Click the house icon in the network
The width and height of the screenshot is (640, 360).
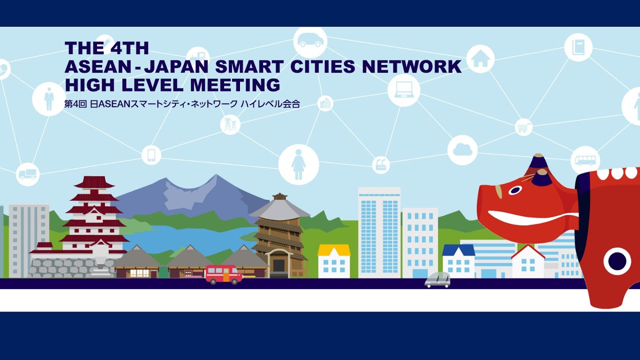480,58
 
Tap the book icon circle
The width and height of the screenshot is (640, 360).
578,47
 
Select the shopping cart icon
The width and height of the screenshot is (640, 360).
523,127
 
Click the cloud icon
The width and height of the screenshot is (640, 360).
462,150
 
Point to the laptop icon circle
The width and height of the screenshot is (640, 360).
403,90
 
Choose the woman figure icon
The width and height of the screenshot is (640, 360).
298,164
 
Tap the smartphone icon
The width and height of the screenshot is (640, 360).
151,155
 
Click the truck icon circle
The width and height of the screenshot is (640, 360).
27,174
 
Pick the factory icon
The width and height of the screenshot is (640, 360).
381,165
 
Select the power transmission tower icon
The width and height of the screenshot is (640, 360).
230,124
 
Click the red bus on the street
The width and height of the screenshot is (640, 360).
223,274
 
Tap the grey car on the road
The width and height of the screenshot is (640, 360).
437,280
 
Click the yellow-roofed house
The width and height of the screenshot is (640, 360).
334,260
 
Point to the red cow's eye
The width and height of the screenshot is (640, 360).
514,190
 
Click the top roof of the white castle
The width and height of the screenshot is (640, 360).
94,182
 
